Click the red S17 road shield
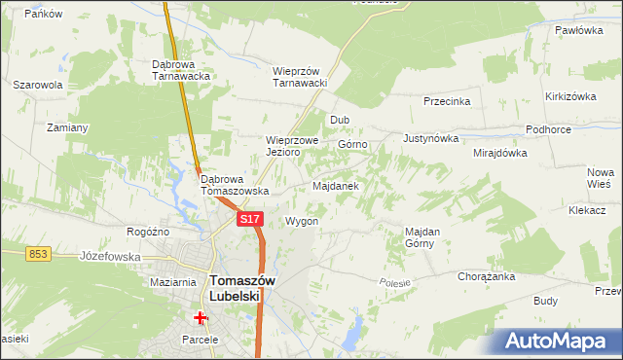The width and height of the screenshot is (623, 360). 250,220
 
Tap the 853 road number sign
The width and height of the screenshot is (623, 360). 38,253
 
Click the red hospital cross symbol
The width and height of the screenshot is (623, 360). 201,317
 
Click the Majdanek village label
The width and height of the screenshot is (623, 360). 336,185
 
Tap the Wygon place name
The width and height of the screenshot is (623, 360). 302,221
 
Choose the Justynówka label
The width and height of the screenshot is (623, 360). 430,138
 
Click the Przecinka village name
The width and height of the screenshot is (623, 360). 447,101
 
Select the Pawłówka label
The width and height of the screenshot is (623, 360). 580,30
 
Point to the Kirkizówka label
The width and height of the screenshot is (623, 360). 570,96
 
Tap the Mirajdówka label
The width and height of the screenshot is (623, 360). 499,153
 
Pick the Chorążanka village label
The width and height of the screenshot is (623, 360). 486,276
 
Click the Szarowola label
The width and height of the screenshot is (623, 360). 38,85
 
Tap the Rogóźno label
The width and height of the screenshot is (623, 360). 149,232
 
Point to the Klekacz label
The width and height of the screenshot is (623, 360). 588,210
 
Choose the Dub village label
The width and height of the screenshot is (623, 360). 340,120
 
